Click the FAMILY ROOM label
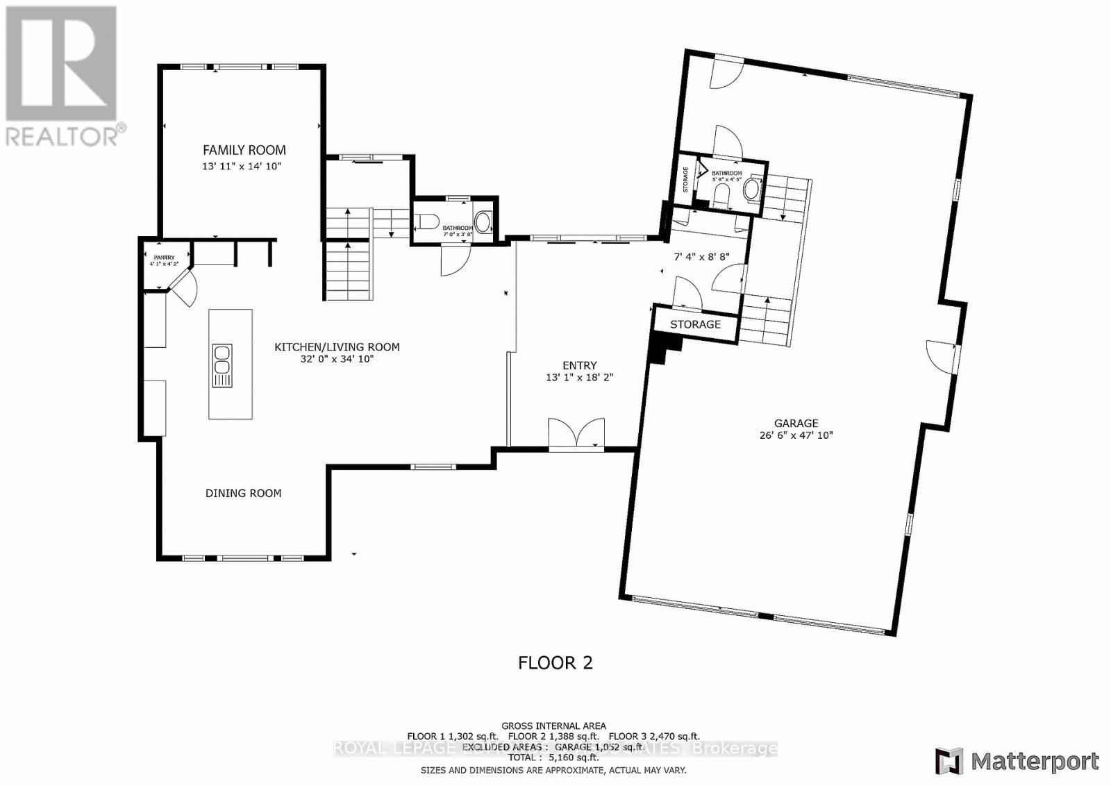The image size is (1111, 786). [244, 149]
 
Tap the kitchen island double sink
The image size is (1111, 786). [222, 365]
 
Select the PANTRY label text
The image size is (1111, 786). [164, 258]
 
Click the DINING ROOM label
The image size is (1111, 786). [243, 493]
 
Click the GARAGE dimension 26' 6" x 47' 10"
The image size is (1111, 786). [796, 435]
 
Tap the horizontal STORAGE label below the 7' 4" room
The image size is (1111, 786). [695, 324]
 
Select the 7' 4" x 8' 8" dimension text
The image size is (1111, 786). [701, 256]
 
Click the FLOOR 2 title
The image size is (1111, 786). [555, 662]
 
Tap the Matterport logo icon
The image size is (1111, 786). [949, 761]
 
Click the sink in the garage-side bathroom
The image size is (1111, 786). [751, 190]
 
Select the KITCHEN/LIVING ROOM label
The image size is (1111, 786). [337, 346]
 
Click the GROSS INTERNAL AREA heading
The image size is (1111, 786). [553, 726]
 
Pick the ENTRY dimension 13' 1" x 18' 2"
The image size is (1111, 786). [579, 378]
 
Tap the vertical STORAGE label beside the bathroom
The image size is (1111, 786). [685, 179]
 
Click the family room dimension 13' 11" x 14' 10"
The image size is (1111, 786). [242, 166]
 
